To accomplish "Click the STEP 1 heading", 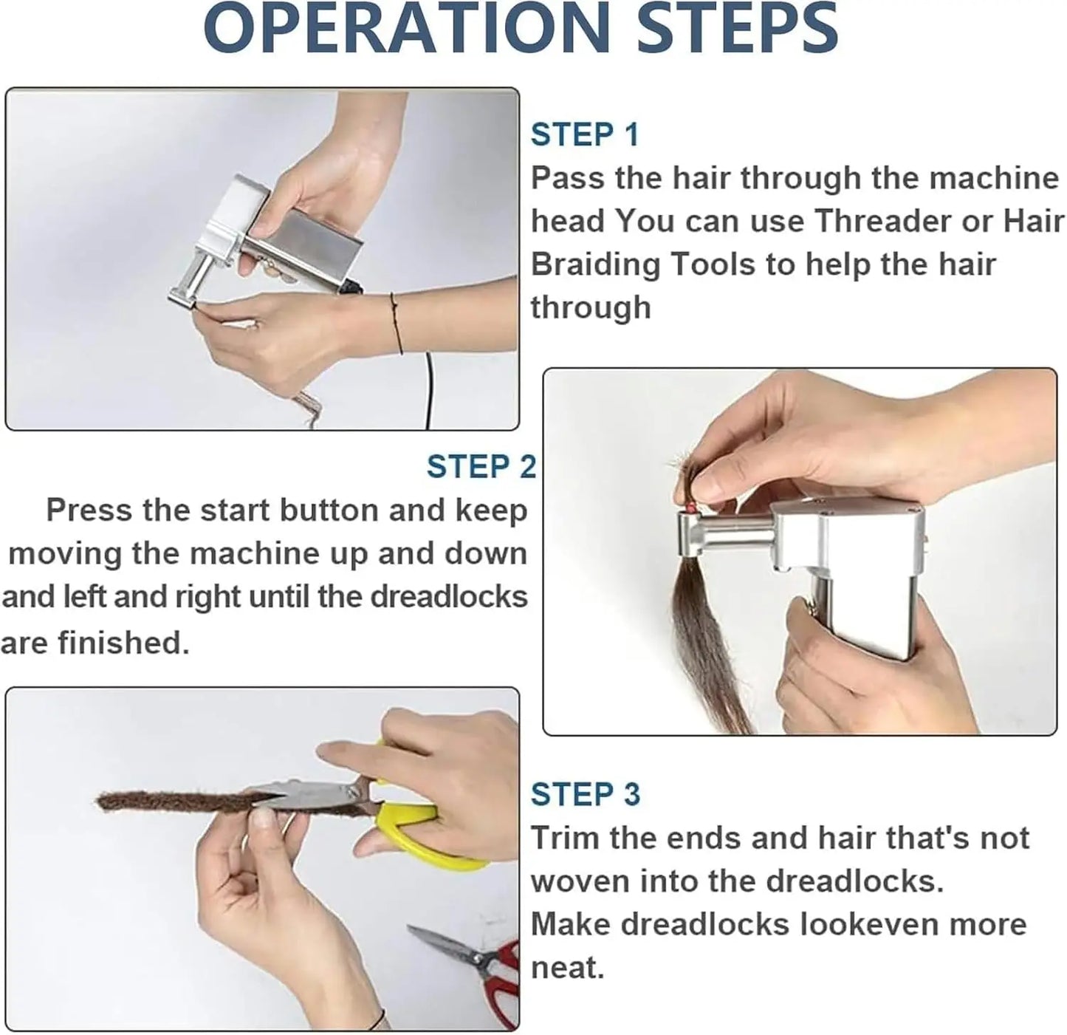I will point(584,135).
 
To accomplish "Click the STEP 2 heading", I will point(481,467).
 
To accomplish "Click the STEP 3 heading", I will point(585,794).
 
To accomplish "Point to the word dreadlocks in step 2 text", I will point(449,597).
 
